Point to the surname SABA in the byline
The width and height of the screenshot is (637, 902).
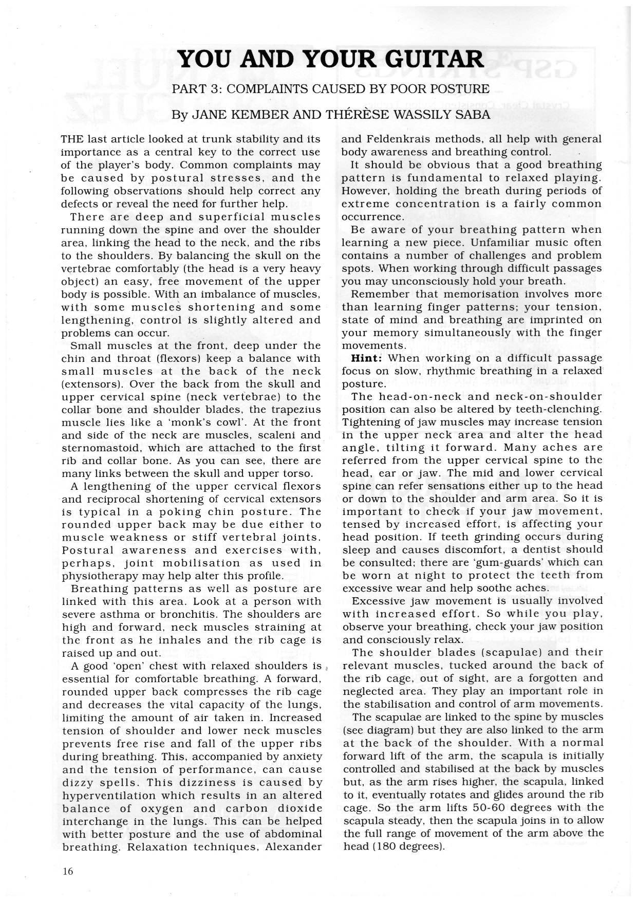coord(473,115)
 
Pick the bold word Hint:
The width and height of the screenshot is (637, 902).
coord(367,358)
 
